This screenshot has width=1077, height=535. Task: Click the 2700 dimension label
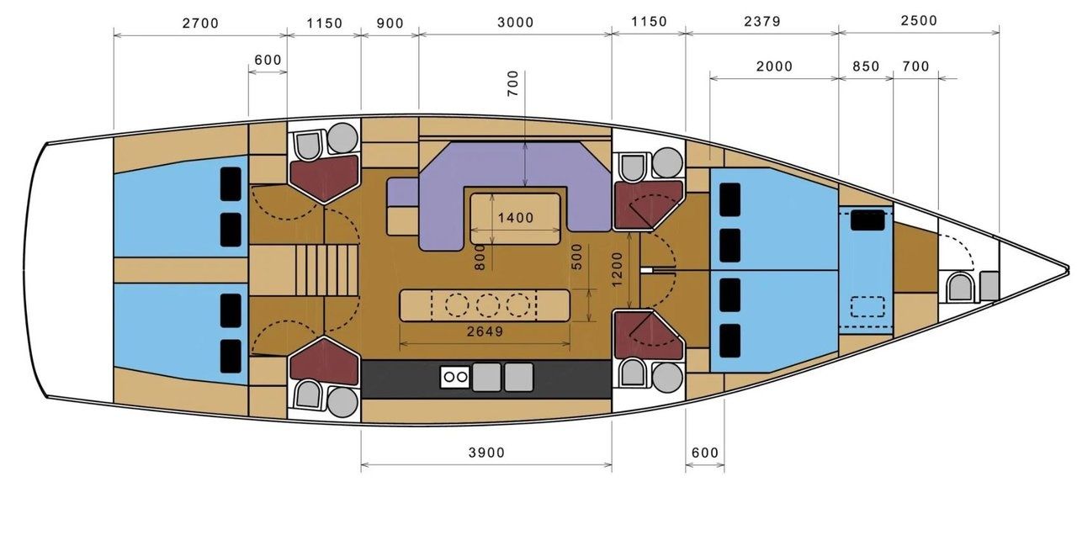[x=200, y=23]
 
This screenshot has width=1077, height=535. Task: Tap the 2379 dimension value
[x=762, y=21]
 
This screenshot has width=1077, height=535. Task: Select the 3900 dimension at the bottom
[x=486, y=453]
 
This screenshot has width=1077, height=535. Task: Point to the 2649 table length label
[x=485, y=331]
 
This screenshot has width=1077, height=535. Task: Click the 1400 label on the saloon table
[x=516, y=218]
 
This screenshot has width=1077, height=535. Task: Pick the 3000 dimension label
[x=516, y=22]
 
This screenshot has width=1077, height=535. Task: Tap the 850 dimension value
[x=866, y=66]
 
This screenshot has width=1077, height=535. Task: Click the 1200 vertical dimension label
[x=618, y=269]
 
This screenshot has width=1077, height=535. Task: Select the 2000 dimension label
[x=774, y=66]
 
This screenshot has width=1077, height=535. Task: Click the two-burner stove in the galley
[x=455, y=378]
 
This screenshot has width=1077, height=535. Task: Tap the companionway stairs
[x=327, y=270]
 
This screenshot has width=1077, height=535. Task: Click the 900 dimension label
[x=390, y=23]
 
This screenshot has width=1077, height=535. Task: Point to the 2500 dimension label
[x=919, y=21]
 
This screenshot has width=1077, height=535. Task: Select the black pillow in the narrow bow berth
[x=867, y=220]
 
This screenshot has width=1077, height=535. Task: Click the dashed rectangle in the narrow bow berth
[x=867, y=307]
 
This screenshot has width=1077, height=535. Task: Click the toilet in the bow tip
[x=959, y=287]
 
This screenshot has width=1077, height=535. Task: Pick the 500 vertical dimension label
[x=577, y=257]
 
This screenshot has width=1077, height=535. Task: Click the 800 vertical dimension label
[x=480, y=257]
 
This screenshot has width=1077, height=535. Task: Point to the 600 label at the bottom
[x=705, y=453]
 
